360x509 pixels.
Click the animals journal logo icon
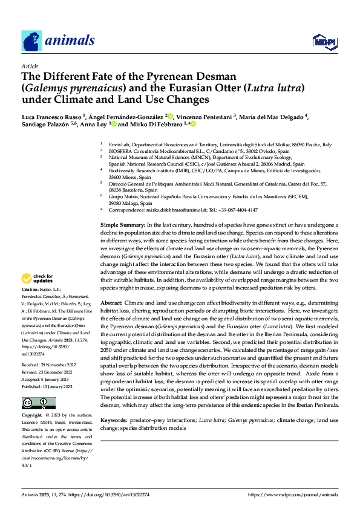click(x=32, y=41)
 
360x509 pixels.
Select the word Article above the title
click(x=29, y=66)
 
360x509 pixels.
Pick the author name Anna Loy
click(x=93, y=125)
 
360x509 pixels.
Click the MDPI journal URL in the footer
click(x=293, y=494)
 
